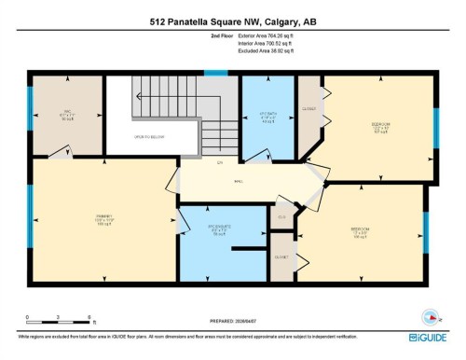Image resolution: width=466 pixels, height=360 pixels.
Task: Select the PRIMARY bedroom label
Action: (103, 221)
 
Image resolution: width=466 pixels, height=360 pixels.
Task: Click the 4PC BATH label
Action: (267, 117)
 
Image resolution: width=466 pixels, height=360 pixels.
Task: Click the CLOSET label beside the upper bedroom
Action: (310, 108)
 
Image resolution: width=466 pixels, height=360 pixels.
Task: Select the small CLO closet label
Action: (282, 218)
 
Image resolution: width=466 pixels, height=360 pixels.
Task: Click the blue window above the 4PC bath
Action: (215, 73)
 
